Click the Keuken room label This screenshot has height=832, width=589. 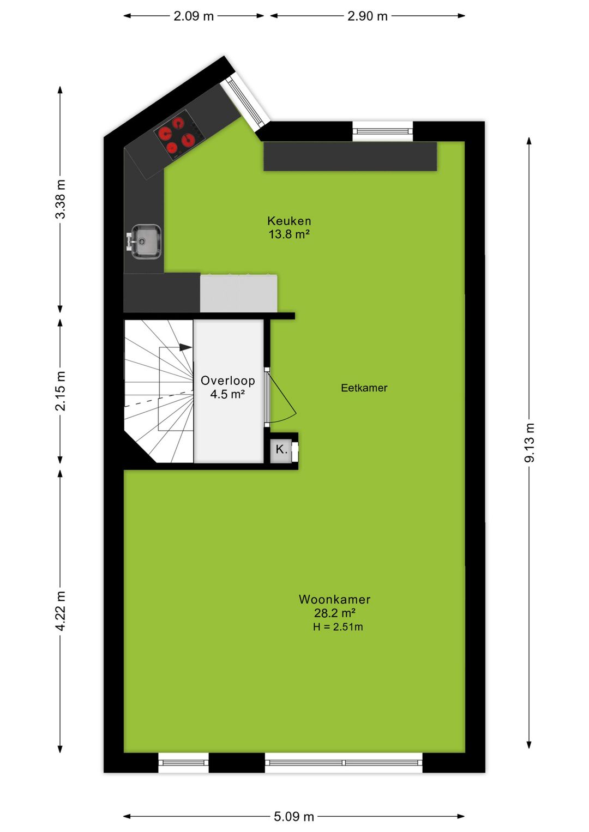coord(289,221)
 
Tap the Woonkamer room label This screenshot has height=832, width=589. coord(334,599)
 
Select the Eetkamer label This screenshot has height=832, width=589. coord(364,388)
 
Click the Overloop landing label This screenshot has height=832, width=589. coord(227,381)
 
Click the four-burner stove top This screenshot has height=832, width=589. coord(177,134)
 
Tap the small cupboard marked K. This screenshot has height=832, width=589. coord(281,450)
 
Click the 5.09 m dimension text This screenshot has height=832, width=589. coord(294,816)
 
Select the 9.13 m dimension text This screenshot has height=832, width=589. coord(530,443)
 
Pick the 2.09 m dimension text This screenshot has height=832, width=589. coord(194,16)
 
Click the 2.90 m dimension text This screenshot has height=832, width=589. coord(368,16)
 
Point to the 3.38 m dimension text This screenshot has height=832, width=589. coord(61,199)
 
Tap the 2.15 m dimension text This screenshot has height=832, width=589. coord(61,391)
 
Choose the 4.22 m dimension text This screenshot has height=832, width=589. coord(61,611)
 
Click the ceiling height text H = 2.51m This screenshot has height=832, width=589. coord(338,627)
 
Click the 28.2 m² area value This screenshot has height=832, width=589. coord(334,613)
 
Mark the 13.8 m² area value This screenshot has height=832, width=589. coord(289,234)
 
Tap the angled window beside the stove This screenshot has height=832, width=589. coord(249,101)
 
